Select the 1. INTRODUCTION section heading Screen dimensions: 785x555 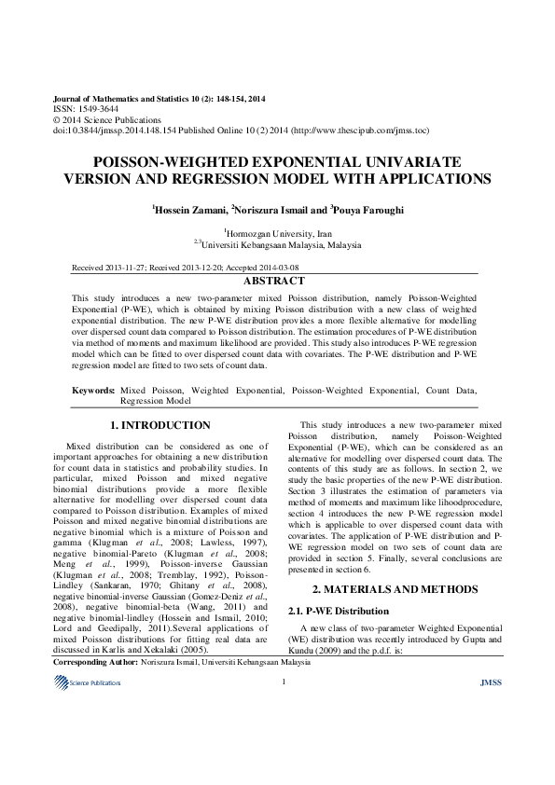pos(167,425)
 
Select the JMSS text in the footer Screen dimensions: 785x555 pos(490,682)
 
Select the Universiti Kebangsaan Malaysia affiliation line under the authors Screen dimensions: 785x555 pos(281,244)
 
